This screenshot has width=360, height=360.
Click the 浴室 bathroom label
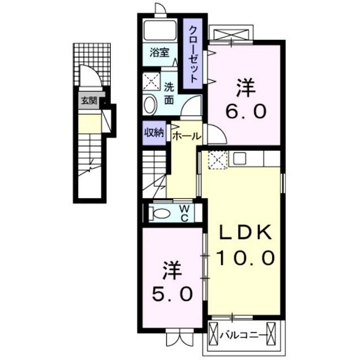[159, 53]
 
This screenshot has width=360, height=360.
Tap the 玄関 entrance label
[88, 101]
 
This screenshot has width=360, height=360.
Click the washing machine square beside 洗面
[151, 83]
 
